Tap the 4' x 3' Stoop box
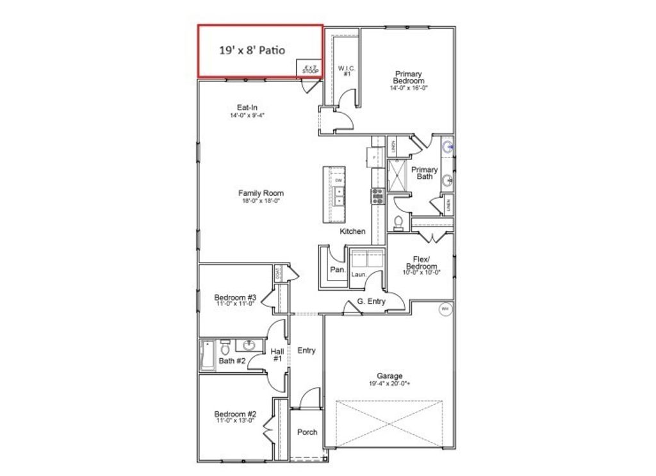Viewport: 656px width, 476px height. tap(310, 68)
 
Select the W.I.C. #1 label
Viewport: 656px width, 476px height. tap(347, 70)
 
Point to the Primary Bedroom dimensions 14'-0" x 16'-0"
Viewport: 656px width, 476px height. tap(409, 88)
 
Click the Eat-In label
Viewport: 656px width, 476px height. tap(247, 108)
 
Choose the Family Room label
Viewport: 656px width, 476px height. tap(261, 193)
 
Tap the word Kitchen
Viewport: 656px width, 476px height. tap(352, 231)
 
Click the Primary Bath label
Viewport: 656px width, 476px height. tap(425, 173)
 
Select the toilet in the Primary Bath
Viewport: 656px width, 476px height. tap(398, 222)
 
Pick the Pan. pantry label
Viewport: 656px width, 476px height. tap(338, 270)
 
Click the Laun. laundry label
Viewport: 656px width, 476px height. tap(358, 274)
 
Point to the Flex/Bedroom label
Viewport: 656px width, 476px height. tap(422, 263)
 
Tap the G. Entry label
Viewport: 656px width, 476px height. tap(372, 301)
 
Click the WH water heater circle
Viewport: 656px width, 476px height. tap(445, 309)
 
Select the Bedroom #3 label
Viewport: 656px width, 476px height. tap(235, 297)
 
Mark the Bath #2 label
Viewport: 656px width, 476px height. tap(232, 361)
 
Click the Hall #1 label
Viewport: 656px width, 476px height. tap(277, 355)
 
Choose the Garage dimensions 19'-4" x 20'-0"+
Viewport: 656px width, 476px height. tap(389, 384)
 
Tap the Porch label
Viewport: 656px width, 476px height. tap(307, 432)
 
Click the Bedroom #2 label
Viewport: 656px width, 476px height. tap(235, 414)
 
